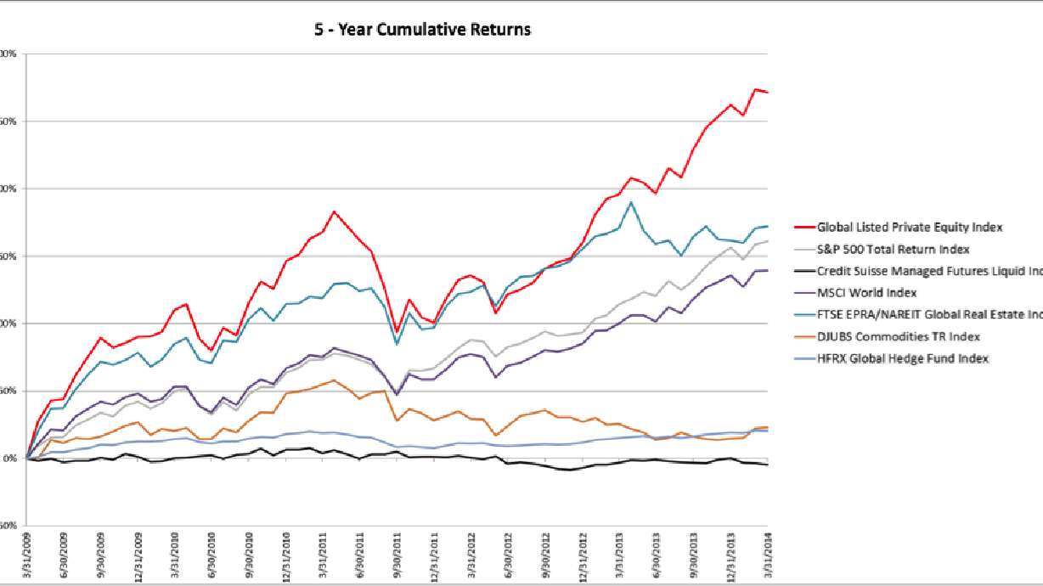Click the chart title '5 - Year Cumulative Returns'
click(421, 30)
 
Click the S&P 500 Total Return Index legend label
click(893, 249)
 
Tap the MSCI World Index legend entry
click(866, 293)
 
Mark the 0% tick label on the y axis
click(8, 459)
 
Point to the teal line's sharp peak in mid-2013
click(631, 202)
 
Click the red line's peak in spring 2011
click(334, 211)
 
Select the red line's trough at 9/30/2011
click(397, 333)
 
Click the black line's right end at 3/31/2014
click(768, 465)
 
